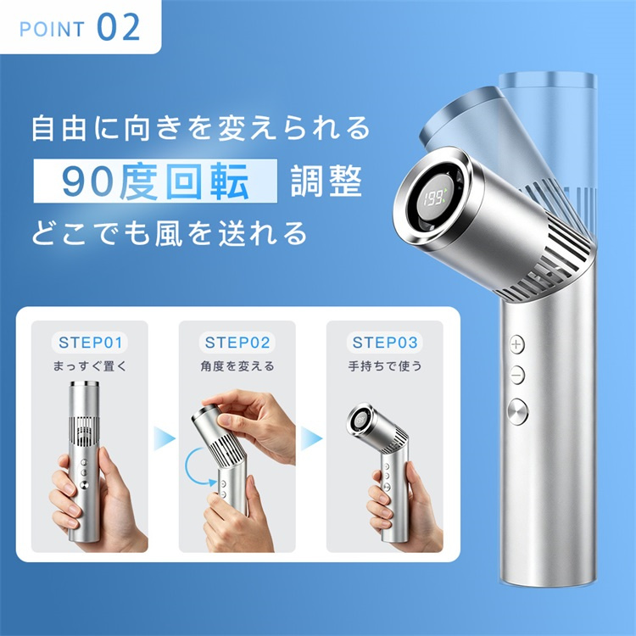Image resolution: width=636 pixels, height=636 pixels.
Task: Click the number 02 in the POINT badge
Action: pos(119,27)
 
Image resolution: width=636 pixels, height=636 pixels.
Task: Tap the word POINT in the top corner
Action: pos(52,30)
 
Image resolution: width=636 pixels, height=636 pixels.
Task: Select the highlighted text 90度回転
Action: pos(155,181)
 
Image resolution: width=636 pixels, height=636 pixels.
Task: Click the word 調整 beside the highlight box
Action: pos(326,181)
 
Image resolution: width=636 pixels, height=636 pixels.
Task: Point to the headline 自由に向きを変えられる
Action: pos(201,128)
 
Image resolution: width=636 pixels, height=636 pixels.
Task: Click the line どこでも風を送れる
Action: pos(169,233)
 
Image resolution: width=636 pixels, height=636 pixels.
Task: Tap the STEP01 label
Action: pos(90,343)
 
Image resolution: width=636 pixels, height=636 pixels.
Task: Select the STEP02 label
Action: pos(237,343)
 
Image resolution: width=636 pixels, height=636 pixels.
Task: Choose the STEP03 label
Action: pos(384,343)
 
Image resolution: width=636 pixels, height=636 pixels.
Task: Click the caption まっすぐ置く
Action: pos(90,365)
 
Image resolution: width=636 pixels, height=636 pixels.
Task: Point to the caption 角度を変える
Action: pos(237,365)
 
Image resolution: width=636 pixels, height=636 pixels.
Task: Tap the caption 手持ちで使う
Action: pos(384,365)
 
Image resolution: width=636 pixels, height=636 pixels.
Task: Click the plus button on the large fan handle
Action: pos(516,344)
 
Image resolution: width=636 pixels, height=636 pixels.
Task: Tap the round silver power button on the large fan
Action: pos(518,411)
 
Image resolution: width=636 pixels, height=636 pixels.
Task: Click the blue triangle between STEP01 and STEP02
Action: pos(165,438)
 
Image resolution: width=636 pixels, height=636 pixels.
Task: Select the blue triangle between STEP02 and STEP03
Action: pos(311,438)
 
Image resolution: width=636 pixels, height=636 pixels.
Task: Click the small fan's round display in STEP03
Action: pos(360,421)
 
